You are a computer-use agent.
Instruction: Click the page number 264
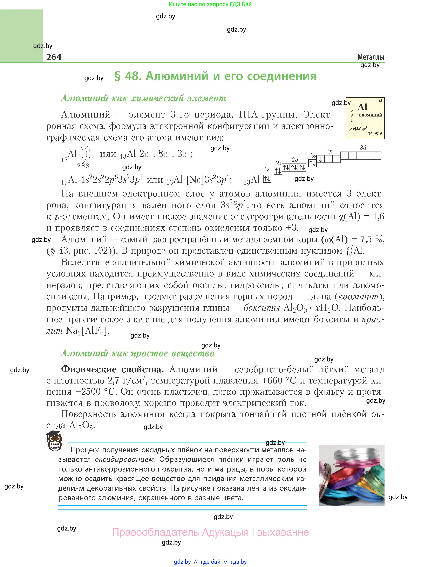54,57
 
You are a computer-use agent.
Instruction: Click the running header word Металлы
371,57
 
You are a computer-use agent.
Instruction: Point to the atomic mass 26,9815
375,134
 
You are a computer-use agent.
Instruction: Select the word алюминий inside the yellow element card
369,115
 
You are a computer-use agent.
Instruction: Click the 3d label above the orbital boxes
363,148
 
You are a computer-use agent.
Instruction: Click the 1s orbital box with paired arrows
267,179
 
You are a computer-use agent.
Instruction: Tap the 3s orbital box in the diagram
312,163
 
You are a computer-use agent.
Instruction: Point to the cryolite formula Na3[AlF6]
87,331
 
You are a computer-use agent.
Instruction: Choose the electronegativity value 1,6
378,216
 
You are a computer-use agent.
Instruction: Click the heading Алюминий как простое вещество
138,353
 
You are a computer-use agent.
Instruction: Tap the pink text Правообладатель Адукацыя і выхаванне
210,532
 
